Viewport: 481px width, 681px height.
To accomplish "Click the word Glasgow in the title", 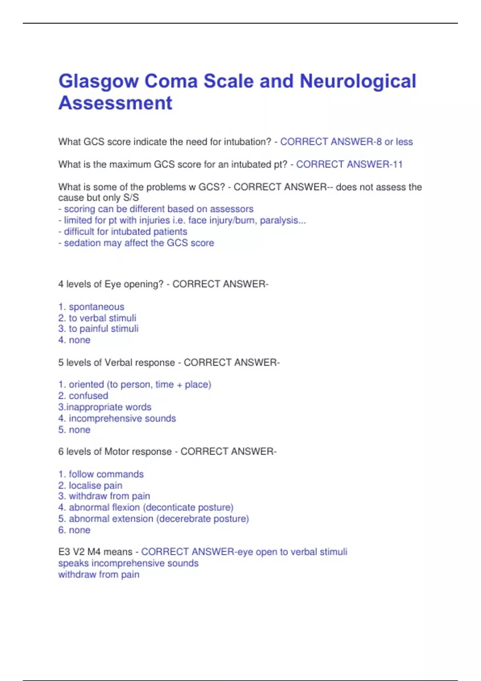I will pos(98,82).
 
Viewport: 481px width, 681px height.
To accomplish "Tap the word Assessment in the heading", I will pos(115,103).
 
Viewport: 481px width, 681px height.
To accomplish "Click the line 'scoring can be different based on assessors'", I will pos(156,209).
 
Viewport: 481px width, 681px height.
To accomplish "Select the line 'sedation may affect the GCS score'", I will pos(136,243).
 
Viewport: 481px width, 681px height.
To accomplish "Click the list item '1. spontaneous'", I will pos(91,307).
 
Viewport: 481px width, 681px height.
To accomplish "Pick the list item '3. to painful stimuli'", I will pos(99,329).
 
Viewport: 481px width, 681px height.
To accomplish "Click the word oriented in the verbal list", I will pos(86,385).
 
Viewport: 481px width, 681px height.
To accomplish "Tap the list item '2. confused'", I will pos(83,396).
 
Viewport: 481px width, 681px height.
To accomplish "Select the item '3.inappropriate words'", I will pos(105,407).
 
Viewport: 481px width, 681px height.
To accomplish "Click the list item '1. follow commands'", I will pos(101,474).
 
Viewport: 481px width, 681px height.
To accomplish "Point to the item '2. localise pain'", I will pos(91,486).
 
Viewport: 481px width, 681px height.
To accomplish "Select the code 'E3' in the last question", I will pos(64,552).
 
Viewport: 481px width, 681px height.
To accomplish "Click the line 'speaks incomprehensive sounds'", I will pos(128,563).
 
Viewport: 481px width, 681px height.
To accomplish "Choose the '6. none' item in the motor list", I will pos(75,530).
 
